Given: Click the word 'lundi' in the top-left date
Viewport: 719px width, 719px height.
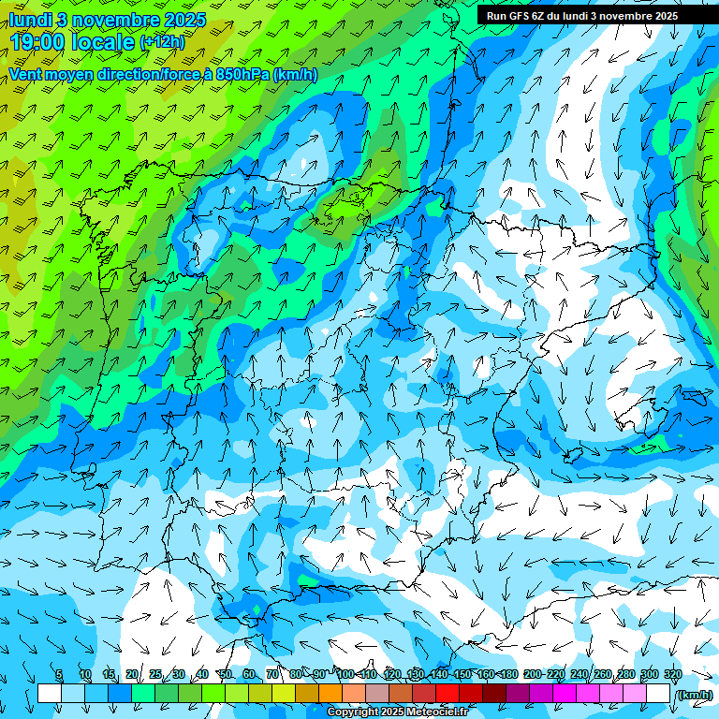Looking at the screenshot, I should click(30, 20).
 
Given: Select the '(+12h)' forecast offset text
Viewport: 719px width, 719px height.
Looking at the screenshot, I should click(162, 41).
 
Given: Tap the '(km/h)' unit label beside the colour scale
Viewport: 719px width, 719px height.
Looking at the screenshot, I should click(694, 695).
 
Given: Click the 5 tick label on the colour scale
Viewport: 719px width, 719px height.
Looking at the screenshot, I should click(59, 674).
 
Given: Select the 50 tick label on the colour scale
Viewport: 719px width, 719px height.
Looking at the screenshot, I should click(226, 674).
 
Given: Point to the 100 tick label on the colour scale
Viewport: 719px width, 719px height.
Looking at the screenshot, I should click(345, 674).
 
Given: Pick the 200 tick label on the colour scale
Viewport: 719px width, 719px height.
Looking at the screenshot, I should click(533, 674).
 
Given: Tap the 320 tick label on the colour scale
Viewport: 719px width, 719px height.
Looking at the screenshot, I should click(672, 674).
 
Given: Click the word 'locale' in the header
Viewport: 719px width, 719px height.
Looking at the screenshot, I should click(104, 41).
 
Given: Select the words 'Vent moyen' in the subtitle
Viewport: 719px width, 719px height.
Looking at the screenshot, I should click(50, 74).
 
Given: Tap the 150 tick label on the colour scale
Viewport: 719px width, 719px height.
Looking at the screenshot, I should click(462, 674).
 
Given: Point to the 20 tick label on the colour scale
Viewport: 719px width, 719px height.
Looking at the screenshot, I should click(132, 674).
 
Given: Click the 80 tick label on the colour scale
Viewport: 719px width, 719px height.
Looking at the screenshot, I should click(296, 674).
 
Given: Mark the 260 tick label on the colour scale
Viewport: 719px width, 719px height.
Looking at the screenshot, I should click(603, 674).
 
